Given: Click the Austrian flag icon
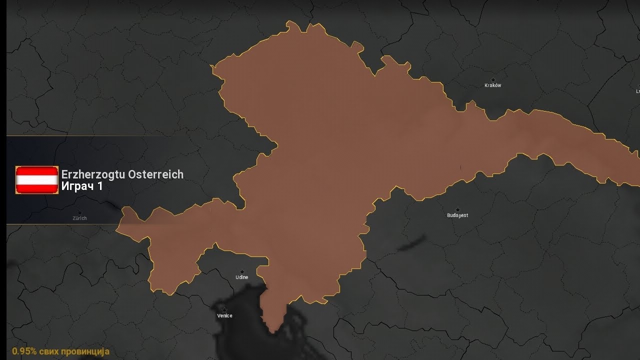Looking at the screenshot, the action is point(37,180).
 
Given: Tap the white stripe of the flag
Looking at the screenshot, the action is point(37,180).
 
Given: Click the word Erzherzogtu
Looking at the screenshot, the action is point(92,174).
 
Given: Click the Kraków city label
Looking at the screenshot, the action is point(492,85).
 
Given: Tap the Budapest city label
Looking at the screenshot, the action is point(457,215).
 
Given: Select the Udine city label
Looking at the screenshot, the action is point(242,277).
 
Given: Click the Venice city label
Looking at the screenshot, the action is point(224,316).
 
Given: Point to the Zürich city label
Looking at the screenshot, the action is point(79,218).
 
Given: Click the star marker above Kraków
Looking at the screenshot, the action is point(492,79).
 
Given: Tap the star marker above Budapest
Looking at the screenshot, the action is point(457,209).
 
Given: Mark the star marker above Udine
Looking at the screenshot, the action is point(242,271).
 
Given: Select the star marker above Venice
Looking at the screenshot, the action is point(224,310).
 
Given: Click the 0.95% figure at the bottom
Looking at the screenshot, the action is point(24,351).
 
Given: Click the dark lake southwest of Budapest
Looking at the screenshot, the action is point(412,242).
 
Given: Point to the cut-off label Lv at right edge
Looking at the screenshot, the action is point(637,91).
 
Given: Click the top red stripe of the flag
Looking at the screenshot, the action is point(37,171).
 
